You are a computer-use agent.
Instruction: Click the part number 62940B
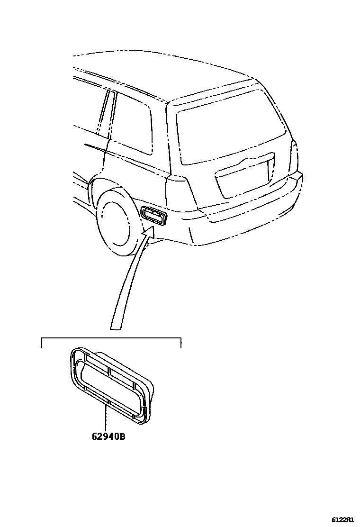tap(108, 436)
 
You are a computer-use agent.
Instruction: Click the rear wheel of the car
tap(114, 222)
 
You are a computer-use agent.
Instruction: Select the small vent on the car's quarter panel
tap(154, 216)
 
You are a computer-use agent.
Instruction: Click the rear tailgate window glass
tap(230, 135)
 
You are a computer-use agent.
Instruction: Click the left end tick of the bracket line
tap(42, 343)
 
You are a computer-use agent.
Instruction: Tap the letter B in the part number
tap(122, 436)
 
